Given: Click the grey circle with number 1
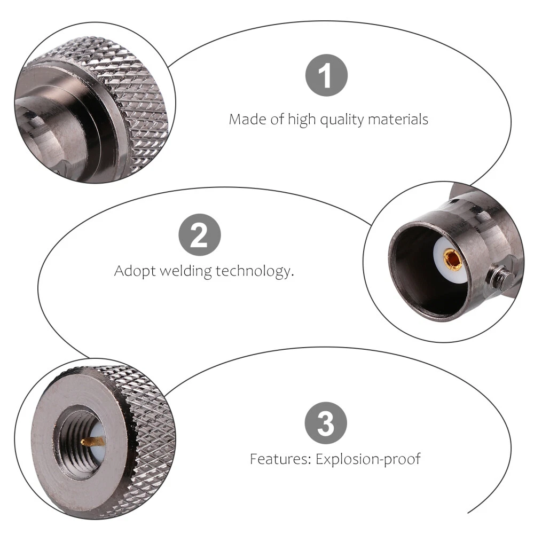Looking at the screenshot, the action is pos(326,75).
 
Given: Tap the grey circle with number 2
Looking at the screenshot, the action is pos(200,234).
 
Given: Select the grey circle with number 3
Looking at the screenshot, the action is pos(326,423).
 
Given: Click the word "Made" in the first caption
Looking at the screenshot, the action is pos(248,119).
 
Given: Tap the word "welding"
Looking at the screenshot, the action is pos(186,271).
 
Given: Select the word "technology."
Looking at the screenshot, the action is pos(254,271).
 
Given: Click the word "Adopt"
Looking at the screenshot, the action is pos(135,271).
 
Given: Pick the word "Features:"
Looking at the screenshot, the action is pos(281,459).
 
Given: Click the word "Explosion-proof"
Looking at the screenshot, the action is pos(368,459).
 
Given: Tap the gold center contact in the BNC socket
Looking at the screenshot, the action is pos(452,259).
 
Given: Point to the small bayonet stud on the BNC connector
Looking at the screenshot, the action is pos(500,276).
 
